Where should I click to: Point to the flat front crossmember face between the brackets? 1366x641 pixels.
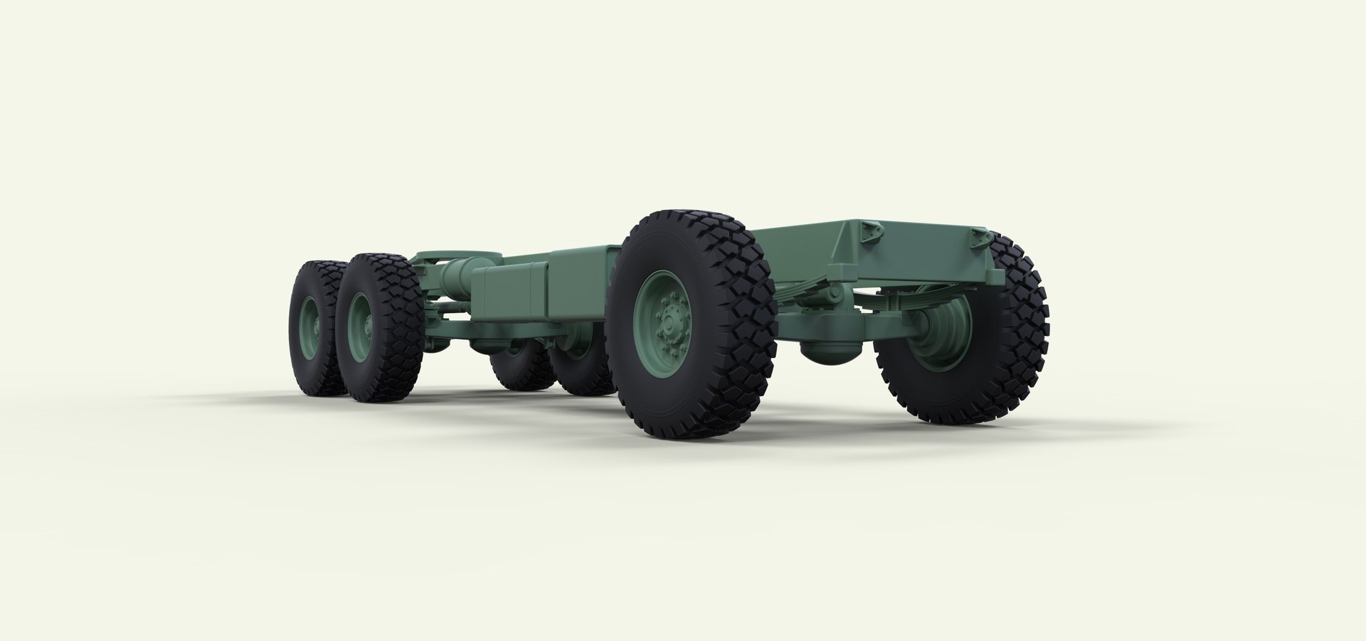click(x=918, y=256)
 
